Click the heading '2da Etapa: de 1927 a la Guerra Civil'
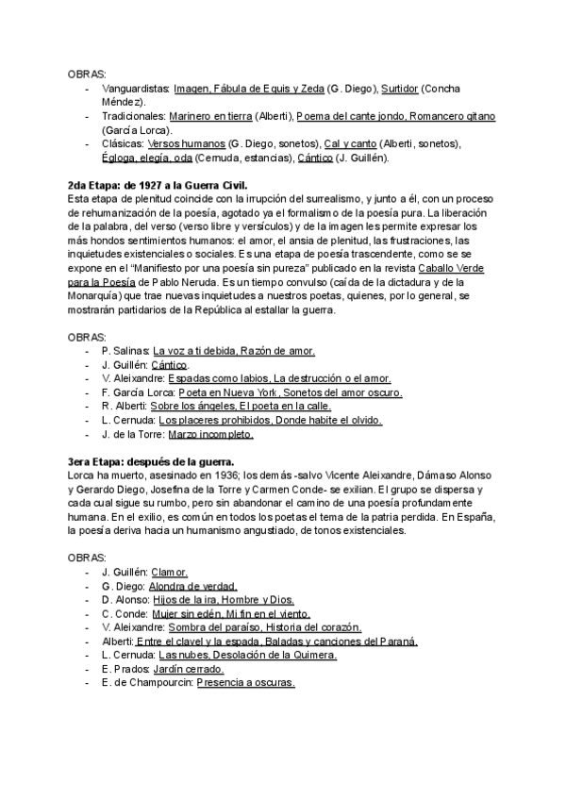tap(158, 186)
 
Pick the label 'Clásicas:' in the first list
tap(123, 143)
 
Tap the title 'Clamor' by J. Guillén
tap(171, 572)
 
